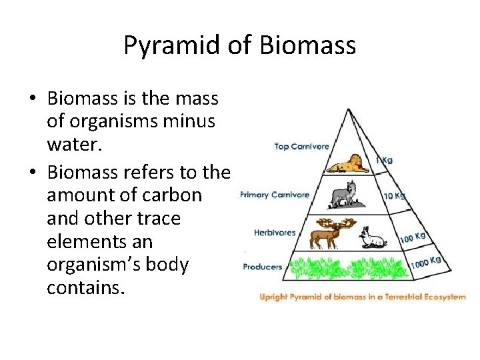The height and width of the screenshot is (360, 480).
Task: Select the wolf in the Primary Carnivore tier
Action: pyautogui.click(x=344, y=193)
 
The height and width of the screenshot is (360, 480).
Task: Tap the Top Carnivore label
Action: pyautogui.click(x=301, y=147)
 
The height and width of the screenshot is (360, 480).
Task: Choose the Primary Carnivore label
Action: pyautogui.click(x=274, y=195)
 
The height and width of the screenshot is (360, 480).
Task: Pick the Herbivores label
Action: pyautogui.click(x=274, y=233)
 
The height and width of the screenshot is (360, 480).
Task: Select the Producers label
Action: pyautogui.click(x=262, y=267)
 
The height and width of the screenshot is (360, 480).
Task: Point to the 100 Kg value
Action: pyautogui.click(x=412, y=236)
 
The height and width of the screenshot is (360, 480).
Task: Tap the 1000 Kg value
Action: pyautogui.click(x=425, y=261)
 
